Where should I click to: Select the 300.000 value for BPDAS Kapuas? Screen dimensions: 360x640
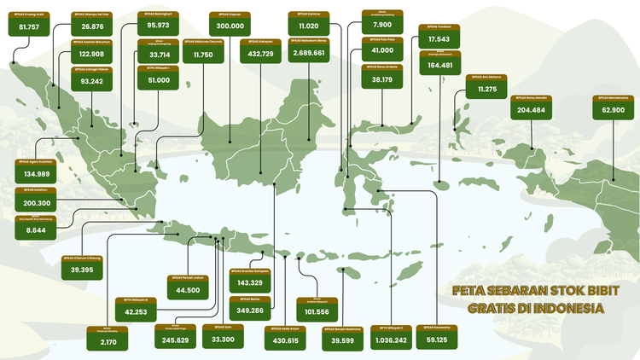(231, 27)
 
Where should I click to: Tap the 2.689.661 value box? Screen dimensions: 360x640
(307, 53)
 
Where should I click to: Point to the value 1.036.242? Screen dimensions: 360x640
(389, 340)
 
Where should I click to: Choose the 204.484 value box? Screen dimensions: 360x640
(531, 110)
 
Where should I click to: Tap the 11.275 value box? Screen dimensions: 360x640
(487, 90)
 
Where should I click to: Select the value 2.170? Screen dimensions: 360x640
(108, 341)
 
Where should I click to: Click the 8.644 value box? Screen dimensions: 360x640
(36, 230)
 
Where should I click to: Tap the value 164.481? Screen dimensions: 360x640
(440, 65)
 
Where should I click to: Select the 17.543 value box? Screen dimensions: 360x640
(440, 39)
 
